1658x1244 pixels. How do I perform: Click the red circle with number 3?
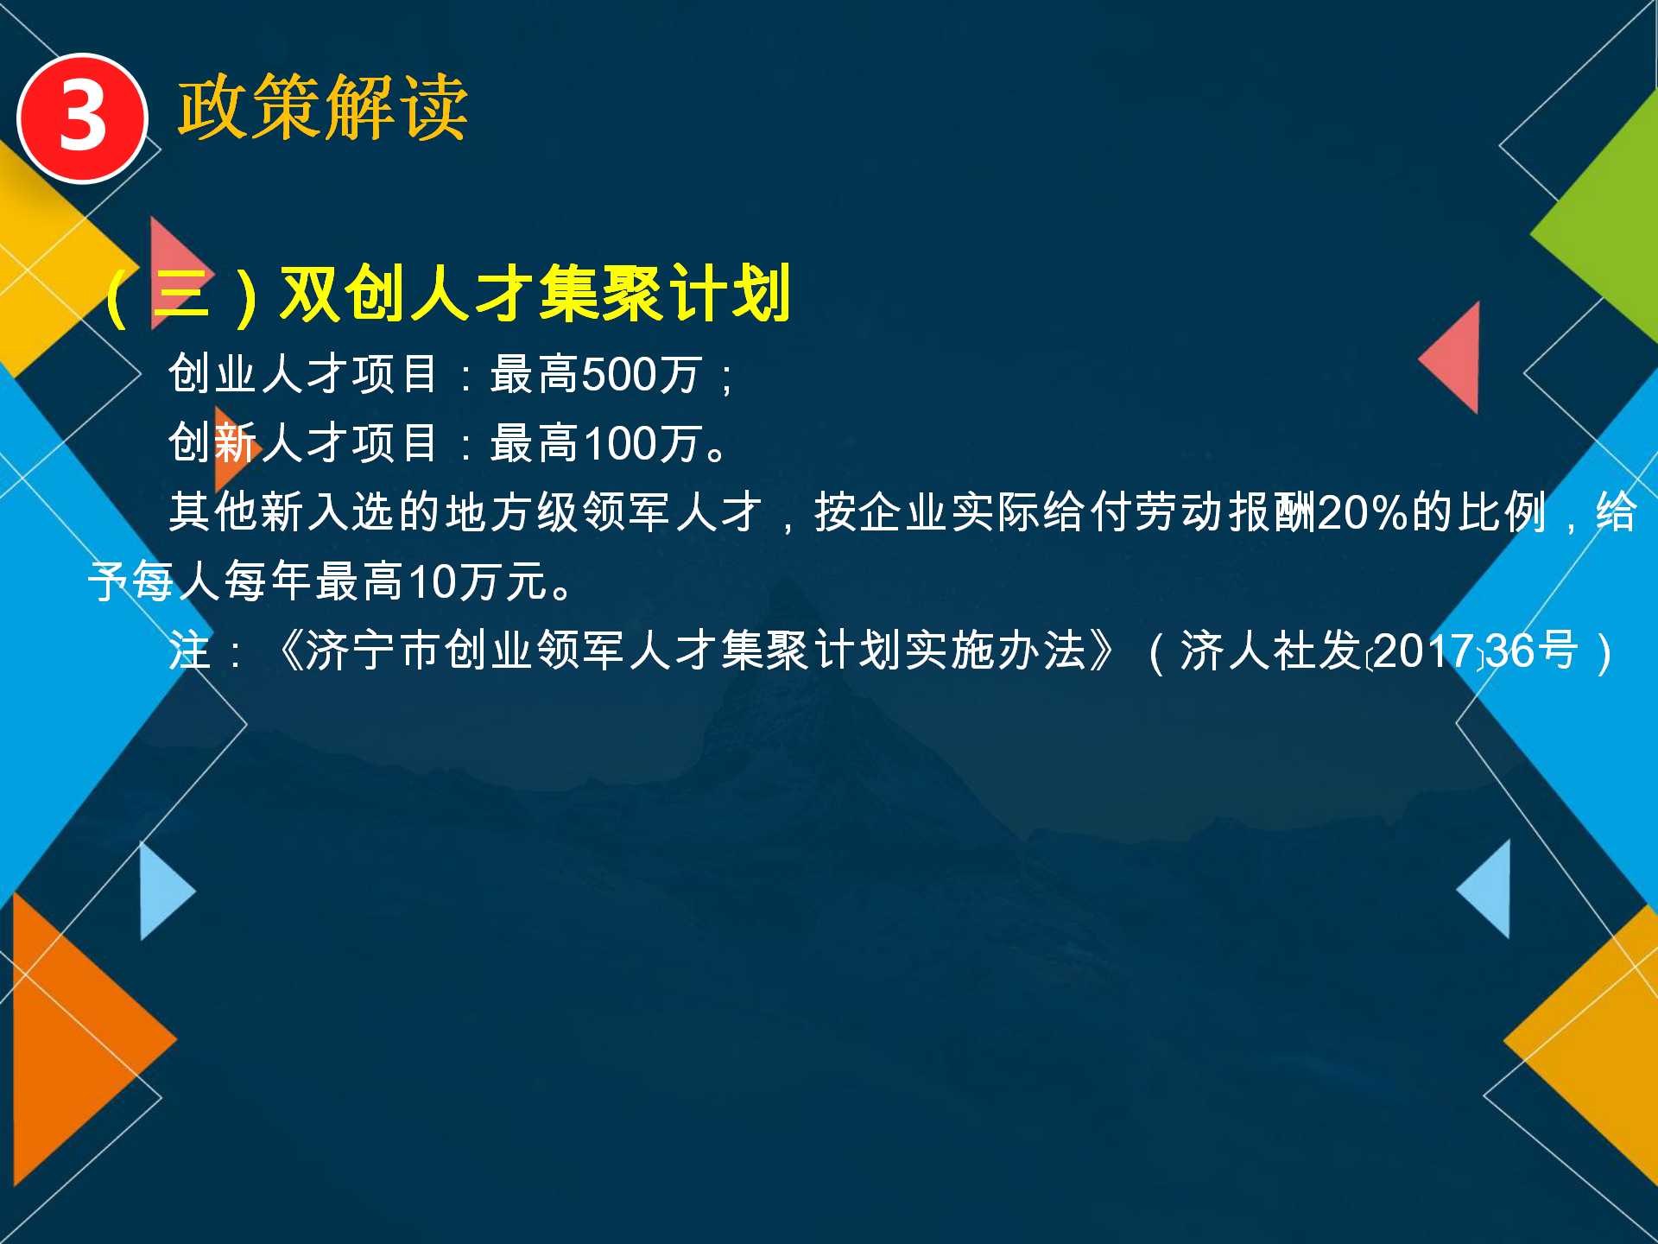(x=83, y=118)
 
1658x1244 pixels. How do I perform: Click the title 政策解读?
(x=323, y=107)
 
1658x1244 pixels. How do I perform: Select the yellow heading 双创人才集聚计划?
(x=535, y=294)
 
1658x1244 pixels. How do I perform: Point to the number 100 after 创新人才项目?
(x=620, y=444)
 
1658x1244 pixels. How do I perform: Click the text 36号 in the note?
(x=1531, y=651)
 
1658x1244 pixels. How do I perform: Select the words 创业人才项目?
(x=303, y=375)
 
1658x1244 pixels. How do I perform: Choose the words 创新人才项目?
(x=303, y=444)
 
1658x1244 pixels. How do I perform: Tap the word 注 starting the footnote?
(x=190, y=651)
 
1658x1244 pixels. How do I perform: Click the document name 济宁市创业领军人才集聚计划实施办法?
(x=696, y=651)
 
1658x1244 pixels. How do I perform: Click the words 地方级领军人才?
(x=604, y=512)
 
